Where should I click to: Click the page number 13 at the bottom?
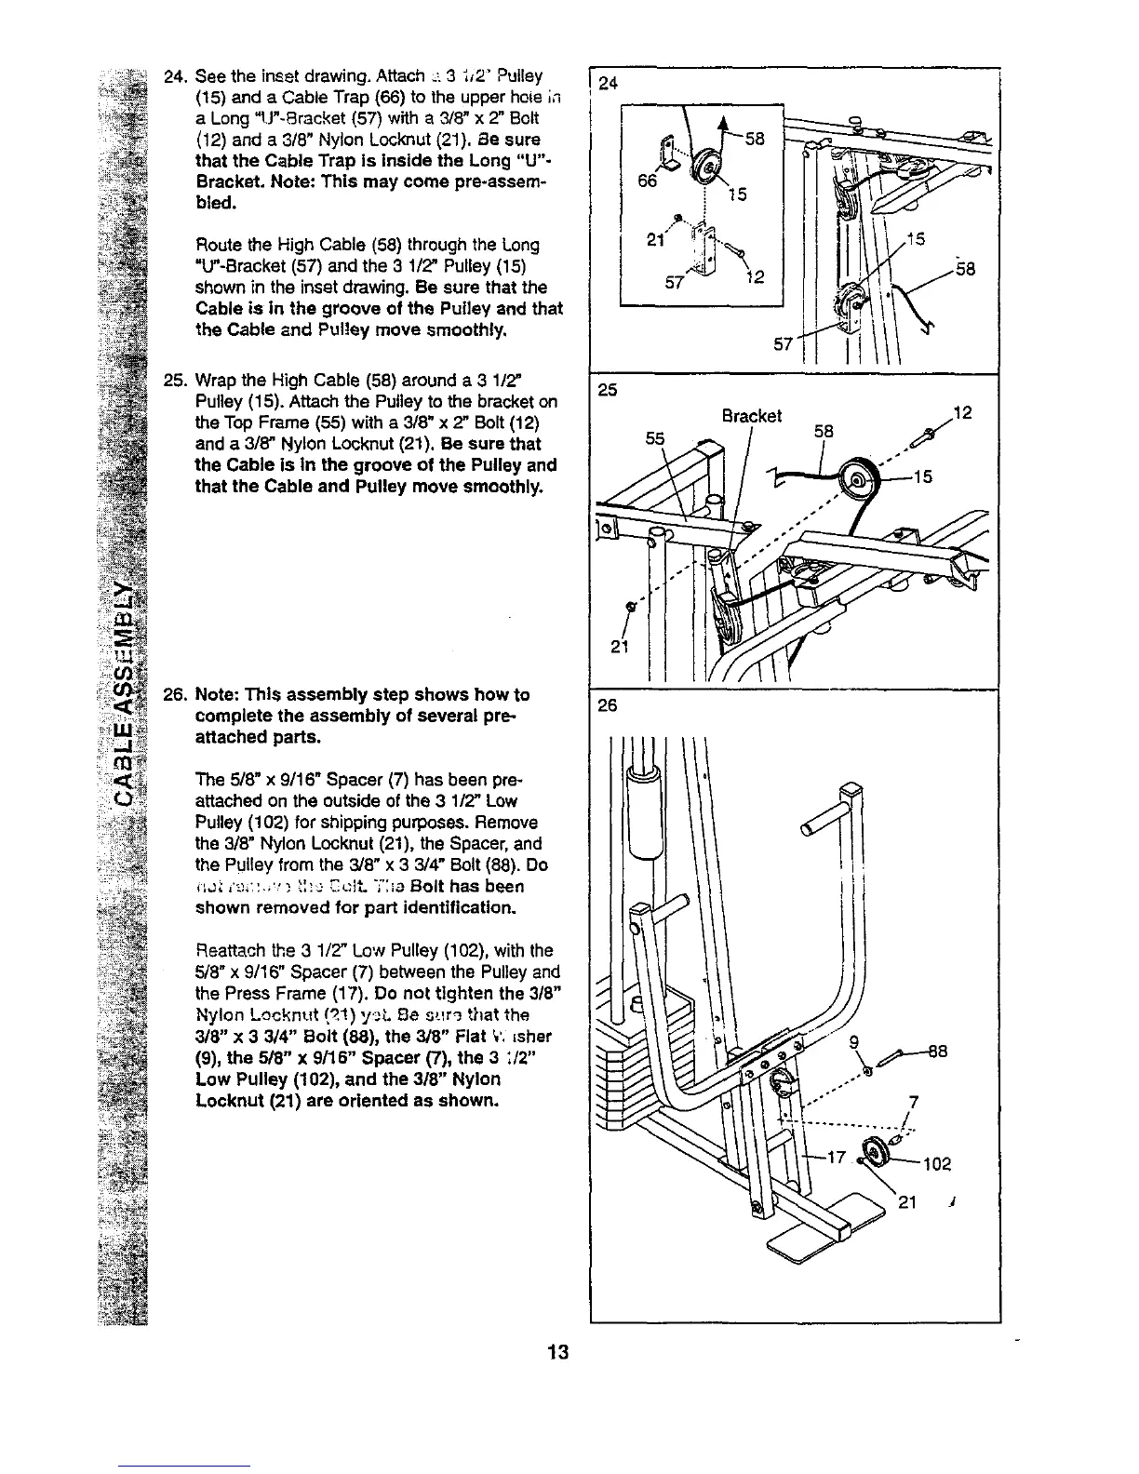point(559,1351)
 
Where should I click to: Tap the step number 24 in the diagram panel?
point(609,85)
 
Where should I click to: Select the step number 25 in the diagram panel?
point(609,390)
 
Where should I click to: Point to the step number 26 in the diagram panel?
point(609,706)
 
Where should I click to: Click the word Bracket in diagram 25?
point(752,415)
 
